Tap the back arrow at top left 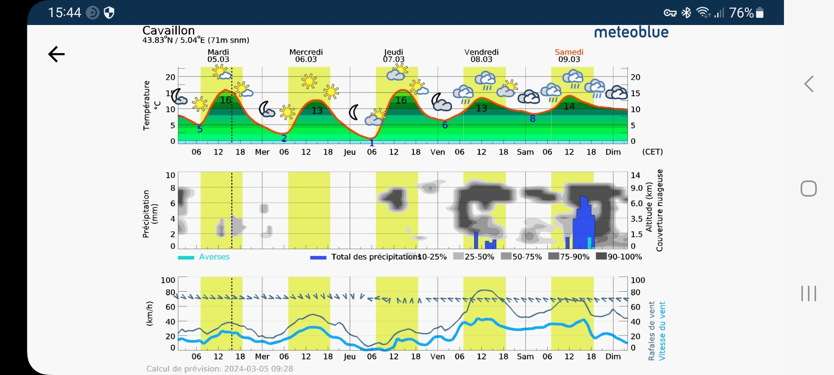pos(57,54)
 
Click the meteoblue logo pos(631,32)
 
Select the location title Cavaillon pos(168,31)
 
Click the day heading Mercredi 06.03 pos(306,56)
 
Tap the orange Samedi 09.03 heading pos(569,56)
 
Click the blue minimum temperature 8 pos(533,119)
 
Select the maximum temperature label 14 pos(569,106)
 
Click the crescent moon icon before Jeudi pos(354,112)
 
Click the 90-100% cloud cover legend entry pos(619,256)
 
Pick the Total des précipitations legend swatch pos(318,257)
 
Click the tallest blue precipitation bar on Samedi pos(584,222)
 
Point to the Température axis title pos(147,106)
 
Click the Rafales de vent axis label pos(651,331)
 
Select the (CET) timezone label pos(652,152)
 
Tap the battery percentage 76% pos(741,13)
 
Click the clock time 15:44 pos(64,12)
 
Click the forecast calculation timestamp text pos(220,369)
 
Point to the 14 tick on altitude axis pos(635,175)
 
